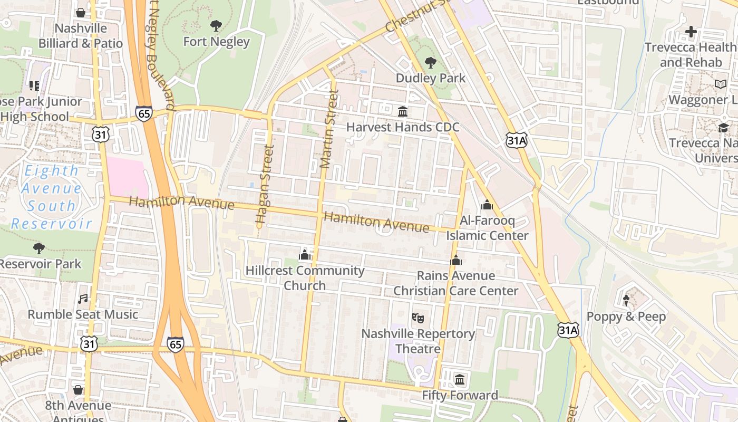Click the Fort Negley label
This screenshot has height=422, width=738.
[x=216, y=41]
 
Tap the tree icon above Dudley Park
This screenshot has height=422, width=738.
[x=431, y=63]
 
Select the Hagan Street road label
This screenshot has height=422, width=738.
[x=265, y=183]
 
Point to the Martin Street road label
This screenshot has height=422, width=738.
[x=329, y=129]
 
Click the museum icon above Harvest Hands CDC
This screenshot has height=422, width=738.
[x=403, y=112]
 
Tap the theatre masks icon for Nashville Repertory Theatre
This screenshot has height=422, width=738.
[x=418, y=318]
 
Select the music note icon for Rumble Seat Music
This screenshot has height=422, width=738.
[x=83, y=299]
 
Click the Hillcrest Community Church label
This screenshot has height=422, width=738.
[x=305, y=278]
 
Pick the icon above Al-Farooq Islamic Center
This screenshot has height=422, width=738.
[x=487, y=205]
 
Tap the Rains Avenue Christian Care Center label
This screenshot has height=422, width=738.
[x=456, y=283]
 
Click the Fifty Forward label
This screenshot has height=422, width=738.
[x=460, y=395]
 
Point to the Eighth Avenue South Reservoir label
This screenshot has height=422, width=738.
[x=52, y=197]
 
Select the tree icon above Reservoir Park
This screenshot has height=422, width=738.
[x=39, y=248]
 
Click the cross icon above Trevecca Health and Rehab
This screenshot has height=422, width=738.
[x=691, y=32]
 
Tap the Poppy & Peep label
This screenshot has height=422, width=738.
[x=626, y=316]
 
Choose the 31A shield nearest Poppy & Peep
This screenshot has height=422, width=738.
[x=568, y=331]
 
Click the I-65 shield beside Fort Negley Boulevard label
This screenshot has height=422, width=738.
[x=143, y=113]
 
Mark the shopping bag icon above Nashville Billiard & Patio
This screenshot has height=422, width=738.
[x=81, y=13]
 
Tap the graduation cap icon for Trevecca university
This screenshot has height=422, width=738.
[x=723, y=128]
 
